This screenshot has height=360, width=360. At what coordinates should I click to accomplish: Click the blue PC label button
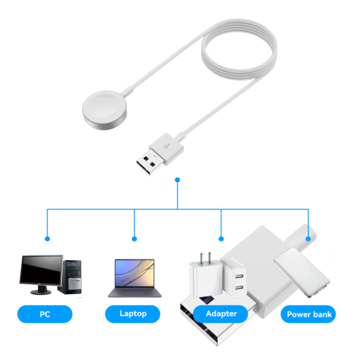(44, 314)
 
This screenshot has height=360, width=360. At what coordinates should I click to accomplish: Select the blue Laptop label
(134, 314)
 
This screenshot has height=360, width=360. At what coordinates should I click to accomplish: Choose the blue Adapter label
(221, 314)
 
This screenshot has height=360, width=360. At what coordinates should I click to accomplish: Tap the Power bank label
(310, 314)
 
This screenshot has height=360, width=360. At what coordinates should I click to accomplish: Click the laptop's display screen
(135, 273)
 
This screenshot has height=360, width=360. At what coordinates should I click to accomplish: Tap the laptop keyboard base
(135, 294)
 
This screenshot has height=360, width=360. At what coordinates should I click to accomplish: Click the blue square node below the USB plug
(178, 180)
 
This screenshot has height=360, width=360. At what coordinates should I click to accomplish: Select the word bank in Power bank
(322, 314)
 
